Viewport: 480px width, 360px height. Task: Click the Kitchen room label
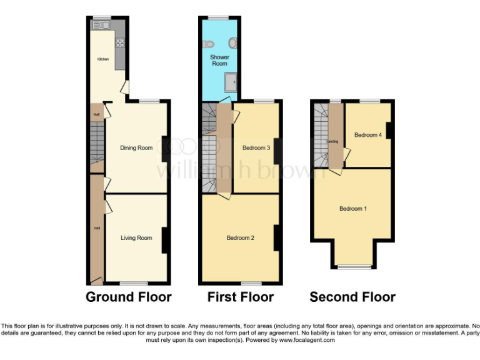[x=102, y=59]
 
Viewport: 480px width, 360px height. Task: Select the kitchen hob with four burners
[x=119, y=44]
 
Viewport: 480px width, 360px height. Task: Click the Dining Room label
[x=136, y=148]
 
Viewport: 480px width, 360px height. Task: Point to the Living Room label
[x=136, y=237]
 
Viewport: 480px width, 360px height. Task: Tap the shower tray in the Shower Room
[x=231, y=80]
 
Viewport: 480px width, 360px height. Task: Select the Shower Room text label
[x=219, y=60]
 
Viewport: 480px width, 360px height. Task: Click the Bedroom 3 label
[x=256, y=148]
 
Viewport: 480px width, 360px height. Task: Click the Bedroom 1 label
[x=352, y=208]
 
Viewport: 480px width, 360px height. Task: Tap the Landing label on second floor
[x=333, y=142]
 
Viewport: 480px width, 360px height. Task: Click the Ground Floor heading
[x=128, y=297]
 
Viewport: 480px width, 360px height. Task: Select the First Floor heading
[x=241, y=297]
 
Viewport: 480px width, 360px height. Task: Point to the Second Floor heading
[x=352, y=297]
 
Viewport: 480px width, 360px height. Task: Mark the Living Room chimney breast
[x=165, y=240]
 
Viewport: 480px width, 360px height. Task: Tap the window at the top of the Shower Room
[x=219, y=17]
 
